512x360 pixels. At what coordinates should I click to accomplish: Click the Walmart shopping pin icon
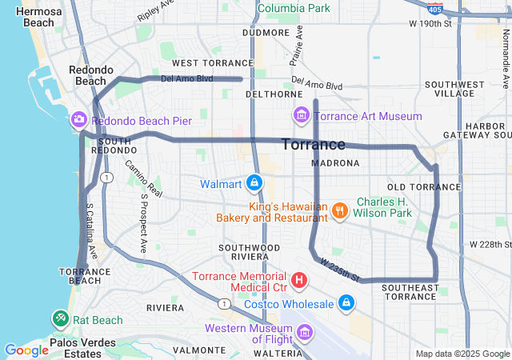[254, 183]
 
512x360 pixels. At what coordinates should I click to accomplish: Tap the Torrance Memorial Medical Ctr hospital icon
[299, 280]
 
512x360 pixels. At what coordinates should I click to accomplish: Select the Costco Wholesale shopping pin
[346, 303]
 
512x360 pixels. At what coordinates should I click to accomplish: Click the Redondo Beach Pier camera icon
[79, 120]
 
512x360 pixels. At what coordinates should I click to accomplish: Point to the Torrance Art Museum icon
[302, 116]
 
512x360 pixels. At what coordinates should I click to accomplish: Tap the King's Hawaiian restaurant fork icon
[340, 210]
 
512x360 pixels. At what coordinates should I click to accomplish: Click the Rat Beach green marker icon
[61, 319]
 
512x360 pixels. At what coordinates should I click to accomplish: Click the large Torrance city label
[313, 145]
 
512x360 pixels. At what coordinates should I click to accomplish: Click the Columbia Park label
[293, 8]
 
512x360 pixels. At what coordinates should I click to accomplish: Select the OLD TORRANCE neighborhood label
[413, 186]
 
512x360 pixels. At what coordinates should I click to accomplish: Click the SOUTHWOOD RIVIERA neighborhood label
[250, 253]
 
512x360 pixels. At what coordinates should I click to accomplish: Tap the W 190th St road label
[430, 24]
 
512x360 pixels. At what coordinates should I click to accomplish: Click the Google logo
[26, 350]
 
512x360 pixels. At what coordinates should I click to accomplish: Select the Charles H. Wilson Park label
[384, 208]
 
